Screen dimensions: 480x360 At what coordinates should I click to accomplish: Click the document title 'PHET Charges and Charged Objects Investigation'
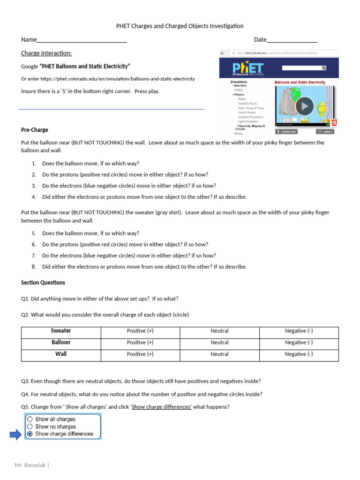click(180, 26)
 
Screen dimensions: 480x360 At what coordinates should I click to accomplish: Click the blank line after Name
click(82, 40)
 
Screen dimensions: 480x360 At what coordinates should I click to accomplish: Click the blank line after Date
click(292, 40)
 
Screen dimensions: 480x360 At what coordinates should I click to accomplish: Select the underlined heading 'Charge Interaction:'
click(46, 53)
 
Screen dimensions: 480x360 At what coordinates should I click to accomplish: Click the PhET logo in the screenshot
click(248, 68)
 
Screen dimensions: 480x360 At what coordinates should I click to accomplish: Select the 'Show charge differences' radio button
click(30, 434)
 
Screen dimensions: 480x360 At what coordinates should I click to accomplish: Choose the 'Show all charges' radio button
click(30, 419)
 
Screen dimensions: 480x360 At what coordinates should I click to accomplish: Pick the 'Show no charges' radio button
click(30, 427)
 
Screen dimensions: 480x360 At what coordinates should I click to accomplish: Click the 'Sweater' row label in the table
click(61, 331)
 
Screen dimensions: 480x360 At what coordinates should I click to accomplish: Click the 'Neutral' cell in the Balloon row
click(219, 343)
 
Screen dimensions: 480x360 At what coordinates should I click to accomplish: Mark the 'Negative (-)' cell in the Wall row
click(299, 354)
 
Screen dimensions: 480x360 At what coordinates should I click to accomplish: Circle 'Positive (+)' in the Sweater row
click(140, 331)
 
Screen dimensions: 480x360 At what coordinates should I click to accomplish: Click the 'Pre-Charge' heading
click(35, 130)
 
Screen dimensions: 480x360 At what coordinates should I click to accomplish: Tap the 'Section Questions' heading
click(43, 283)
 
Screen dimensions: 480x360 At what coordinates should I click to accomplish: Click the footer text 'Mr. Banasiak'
click(30, 465)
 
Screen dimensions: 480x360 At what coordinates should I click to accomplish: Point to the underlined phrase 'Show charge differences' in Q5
click(162, 407)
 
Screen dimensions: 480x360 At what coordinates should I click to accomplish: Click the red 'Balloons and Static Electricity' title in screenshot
click(300, 82)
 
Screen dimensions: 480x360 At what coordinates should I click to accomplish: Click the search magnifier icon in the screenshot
click(323, 67)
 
